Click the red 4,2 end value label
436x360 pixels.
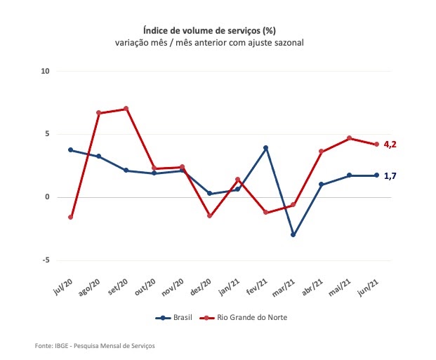coord(391,145)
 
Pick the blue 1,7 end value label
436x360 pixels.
coord(391,175)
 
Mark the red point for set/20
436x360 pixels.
coord(126,109)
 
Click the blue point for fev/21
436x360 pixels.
coord(266,148)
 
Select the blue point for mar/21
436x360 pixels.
coord(293,234)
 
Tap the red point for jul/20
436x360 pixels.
coord(71,217)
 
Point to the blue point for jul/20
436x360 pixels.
coord(71,150)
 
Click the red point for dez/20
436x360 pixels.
coord(210,215)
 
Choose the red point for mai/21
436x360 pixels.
coord(349,138)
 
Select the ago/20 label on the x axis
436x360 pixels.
coord(91,286)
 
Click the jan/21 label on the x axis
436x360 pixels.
coord(230,286)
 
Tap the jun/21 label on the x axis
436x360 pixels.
coord(369,286)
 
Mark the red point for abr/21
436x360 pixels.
coord(322,152)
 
